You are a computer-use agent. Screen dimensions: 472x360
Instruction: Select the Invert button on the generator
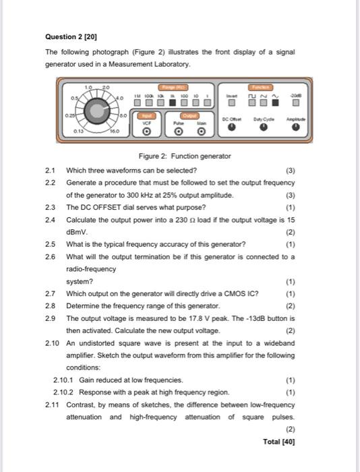[231, 102]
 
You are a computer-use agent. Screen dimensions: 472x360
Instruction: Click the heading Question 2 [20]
[69, 35]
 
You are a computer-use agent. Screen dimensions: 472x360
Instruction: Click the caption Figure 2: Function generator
[184, 156]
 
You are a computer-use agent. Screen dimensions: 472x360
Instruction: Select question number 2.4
[50, 219]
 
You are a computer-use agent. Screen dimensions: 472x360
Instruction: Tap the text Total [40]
[279, 442]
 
